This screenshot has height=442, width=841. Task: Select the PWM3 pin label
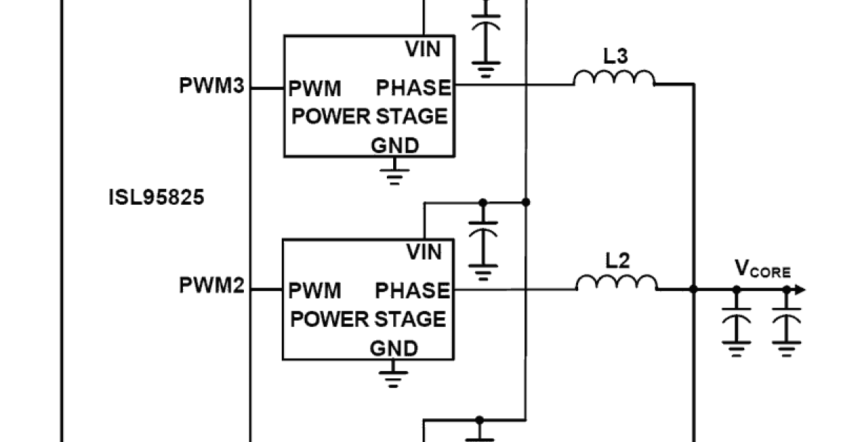pyautogui.click(x=212, y=87)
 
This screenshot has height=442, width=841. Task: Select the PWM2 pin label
pyautogui.click(x=212, y=286)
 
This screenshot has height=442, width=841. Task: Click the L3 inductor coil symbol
pyautogui.click(x=615, y=79)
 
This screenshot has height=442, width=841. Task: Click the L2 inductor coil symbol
pyautogui.click(x=617, y=283)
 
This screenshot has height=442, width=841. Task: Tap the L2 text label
pyautogui.click(x=617, y=261)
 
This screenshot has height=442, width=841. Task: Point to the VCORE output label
pyautogui.click(x=763, y=269)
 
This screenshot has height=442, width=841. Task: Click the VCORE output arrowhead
pyautogui.click(x=800, y=290)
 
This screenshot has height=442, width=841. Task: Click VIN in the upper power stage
pyautogui.click(x=423, y=49)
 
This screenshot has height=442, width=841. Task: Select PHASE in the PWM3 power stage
pyautogui.click(x=413, y=88)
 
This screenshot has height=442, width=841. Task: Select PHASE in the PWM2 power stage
pyautogui.click(x=412, y=290)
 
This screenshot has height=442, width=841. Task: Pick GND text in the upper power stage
pyautogui.click(x=395, y=145)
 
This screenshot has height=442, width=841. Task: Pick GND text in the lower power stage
pyautogui.click(x=394, y=348)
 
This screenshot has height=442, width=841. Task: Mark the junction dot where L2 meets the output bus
pyautogui.click(x=694, y=289)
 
